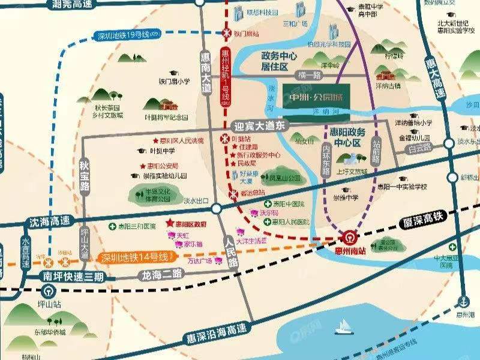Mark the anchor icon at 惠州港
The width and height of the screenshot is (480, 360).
(463, 301)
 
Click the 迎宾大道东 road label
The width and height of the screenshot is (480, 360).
(260, 125)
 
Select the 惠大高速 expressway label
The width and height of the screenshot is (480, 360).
(443, 80)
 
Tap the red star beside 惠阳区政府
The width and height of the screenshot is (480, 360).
(170, 222)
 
